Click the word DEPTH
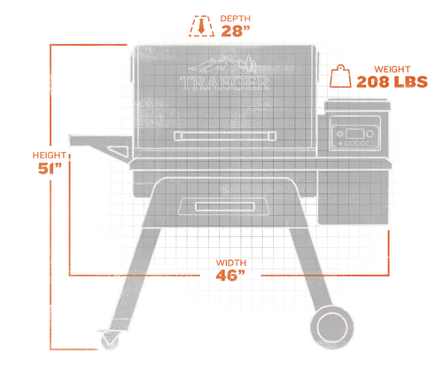[236, 19]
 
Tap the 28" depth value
[236, 31]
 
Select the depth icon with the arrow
[202, 26]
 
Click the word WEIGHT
[392, 69]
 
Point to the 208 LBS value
[392, 82]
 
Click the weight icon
[340, 76]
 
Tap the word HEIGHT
[49, 155]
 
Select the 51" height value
[50, 168]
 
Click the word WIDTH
[231, 263]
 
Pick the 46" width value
[230, 275]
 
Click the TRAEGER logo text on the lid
[225, 83]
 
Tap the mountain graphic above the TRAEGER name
[222, 64]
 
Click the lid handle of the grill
[225, 136]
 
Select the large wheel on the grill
[331, 327]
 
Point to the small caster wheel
[110, 341]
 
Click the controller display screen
[354, 134]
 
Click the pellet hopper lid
[357, 105]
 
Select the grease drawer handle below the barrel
[225, 207]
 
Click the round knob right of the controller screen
[369, 134]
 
